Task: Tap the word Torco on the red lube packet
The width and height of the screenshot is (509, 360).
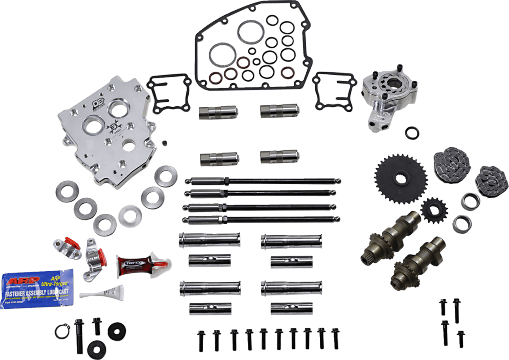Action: (x=130, y=264)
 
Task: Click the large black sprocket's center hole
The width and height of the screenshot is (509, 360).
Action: (x=400, y=179)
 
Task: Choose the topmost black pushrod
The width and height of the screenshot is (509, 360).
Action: (x=263, y=181)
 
